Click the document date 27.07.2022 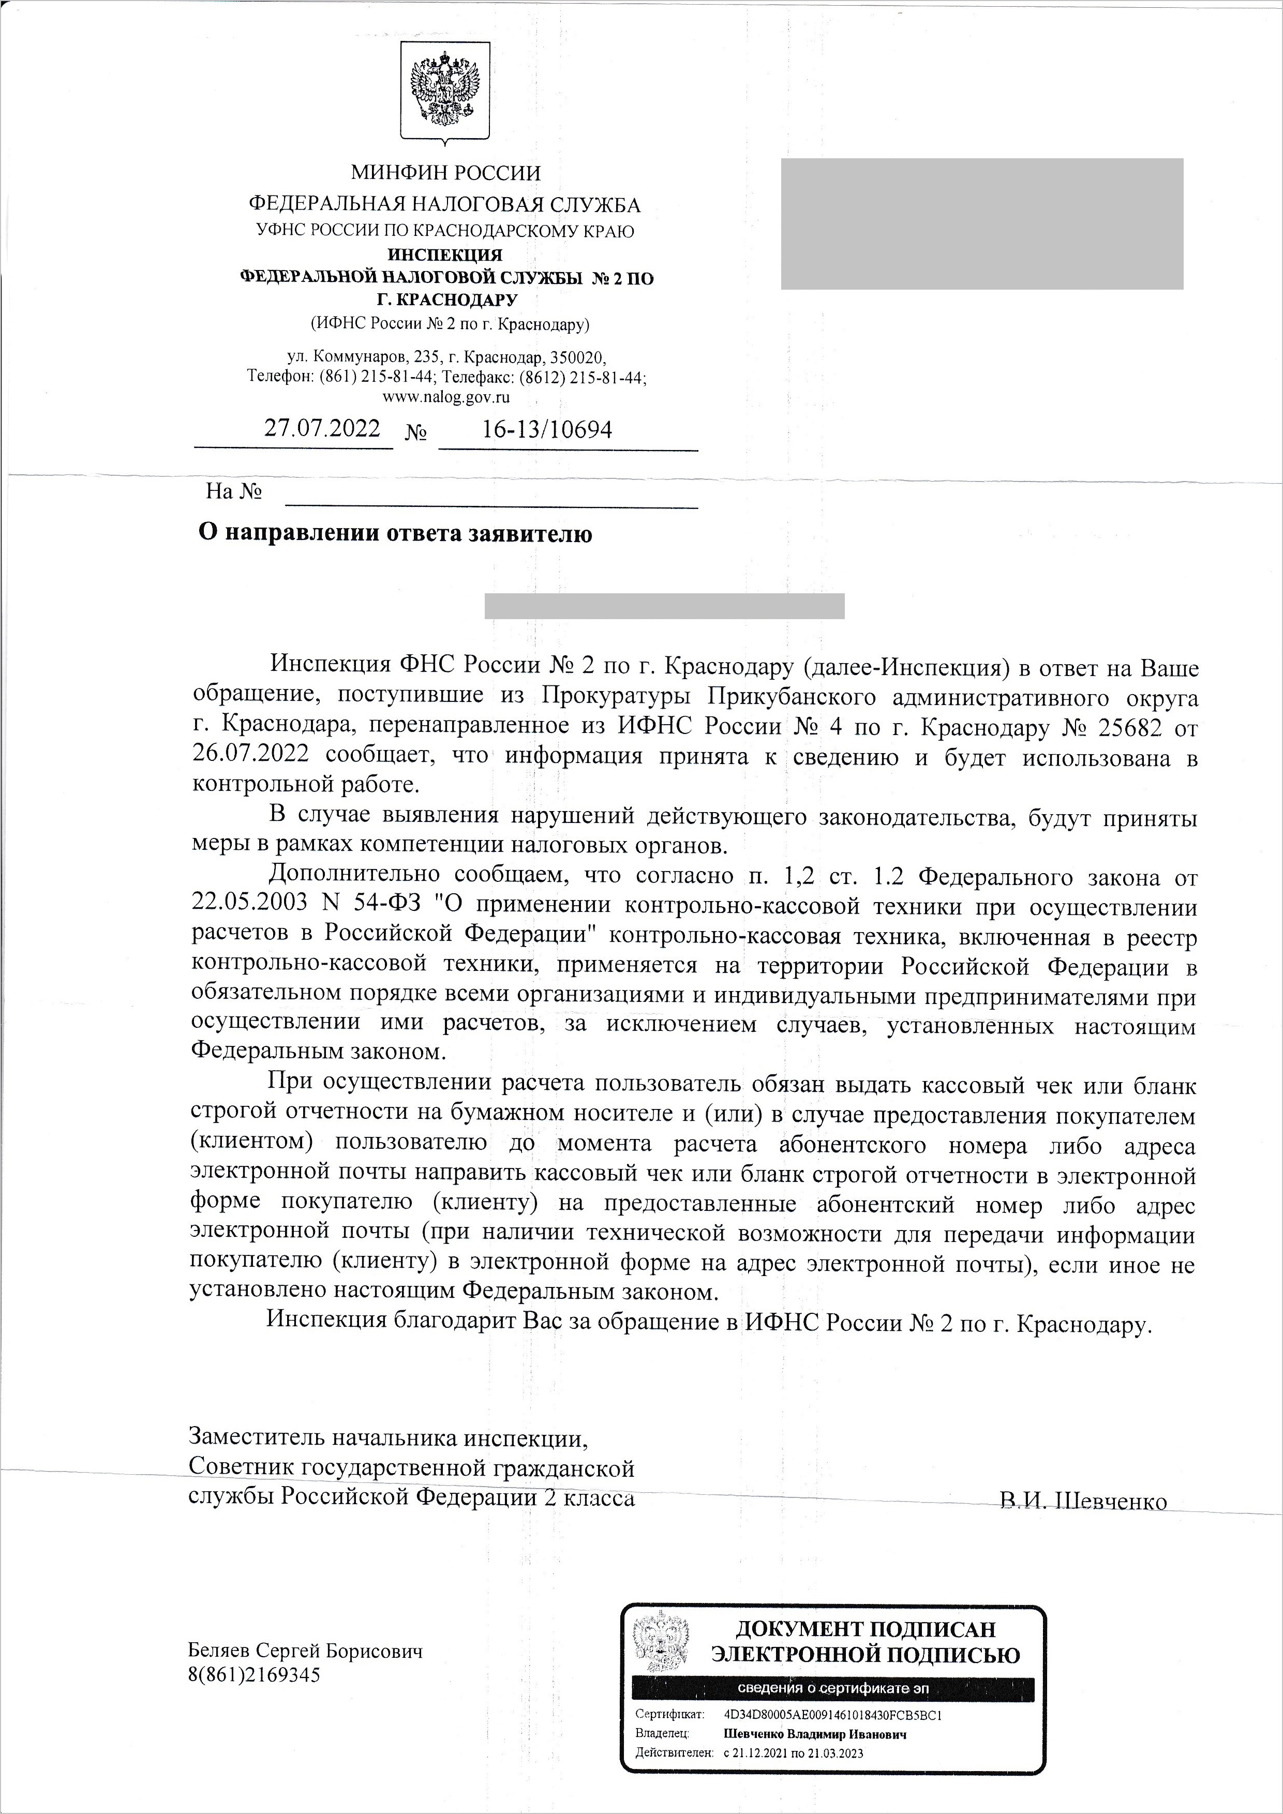[322, 428]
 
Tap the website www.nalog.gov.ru [445, 397]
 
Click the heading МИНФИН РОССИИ [445, 172]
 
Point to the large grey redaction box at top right [982, 223]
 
